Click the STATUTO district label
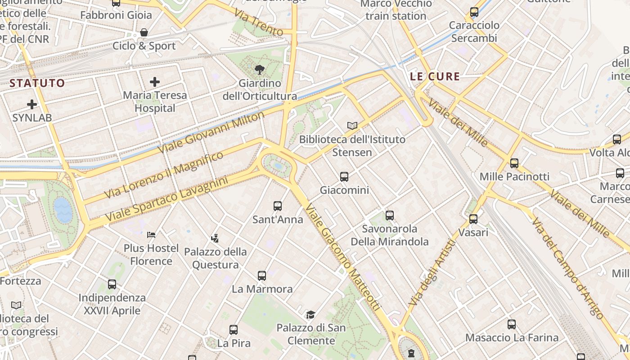37,83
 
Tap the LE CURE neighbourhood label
435,76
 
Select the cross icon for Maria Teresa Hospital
155,82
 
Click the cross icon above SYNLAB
32,104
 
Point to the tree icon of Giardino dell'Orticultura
259,70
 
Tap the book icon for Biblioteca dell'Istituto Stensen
352,126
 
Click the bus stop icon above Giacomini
344,177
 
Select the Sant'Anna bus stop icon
278,206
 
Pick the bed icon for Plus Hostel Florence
151,234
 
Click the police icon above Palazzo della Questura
215,238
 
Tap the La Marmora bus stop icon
262,276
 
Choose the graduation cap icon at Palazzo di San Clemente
310,315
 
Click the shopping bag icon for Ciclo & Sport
144,32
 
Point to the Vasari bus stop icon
473,219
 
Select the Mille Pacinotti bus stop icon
514,163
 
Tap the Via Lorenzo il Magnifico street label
164,175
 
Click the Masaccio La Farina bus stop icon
512,324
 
